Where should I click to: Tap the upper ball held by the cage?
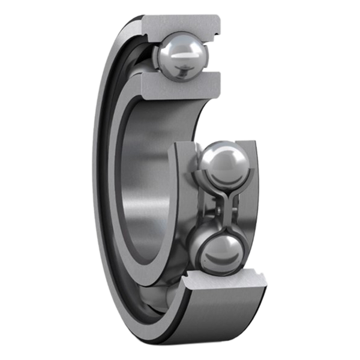tap(223, 163)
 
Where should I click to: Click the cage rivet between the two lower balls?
tap(223, 207)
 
